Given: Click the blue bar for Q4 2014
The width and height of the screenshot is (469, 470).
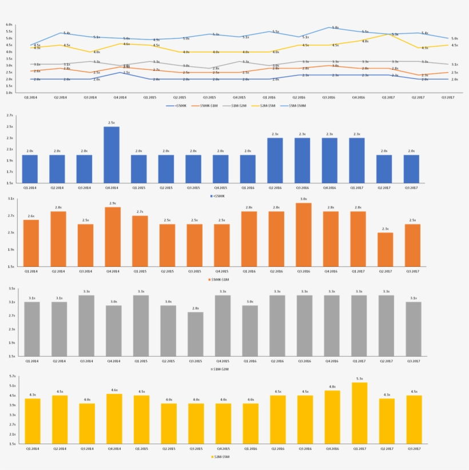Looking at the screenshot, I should click(x=112, y=155).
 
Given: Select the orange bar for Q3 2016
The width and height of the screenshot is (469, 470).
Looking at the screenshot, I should click(x=304, y=235).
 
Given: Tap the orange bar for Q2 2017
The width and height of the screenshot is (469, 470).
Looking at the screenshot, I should click(x=386, y=249).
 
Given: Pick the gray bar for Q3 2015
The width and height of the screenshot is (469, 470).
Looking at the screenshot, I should click(x=195, y=334).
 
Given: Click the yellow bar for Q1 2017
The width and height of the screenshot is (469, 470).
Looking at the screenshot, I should click(x=359, y=413).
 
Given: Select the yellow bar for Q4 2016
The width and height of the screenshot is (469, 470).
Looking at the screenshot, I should click(x=332, y=417).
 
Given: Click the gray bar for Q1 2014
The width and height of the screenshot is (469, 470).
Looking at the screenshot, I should click(x=32, y=329).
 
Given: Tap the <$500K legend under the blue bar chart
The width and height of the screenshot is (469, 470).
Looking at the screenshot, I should click(x=217, y=196).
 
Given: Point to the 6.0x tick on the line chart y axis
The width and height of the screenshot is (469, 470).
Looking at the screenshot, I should click(x=9, y=25).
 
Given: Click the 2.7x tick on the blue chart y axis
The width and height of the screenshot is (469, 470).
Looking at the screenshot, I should click(x=9, y=115).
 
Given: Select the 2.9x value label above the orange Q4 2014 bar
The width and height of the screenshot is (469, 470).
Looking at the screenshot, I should click(x=113, y=203).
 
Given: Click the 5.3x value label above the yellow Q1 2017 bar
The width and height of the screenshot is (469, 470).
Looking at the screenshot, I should click(x=359, y=378).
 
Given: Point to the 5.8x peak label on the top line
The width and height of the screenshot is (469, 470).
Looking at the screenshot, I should click(x=335, y=27).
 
